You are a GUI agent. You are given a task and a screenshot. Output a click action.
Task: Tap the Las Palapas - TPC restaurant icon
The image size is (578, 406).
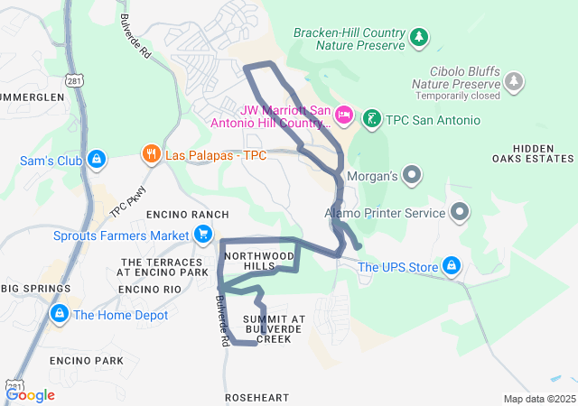pos(151,155)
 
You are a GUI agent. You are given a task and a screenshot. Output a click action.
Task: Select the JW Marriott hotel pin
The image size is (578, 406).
pos(344,115)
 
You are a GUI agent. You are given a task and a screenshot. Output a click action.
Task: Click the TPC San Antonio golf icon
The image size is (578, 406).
pos(371,119)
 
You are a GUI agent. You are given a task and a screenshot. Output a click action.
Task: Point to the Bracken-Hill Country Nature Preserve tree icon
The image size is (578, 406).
pos(418,37)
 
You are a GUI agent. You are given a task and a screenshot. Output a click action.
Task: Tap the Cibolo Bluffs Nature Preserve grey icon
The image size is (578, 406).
pos(514,82)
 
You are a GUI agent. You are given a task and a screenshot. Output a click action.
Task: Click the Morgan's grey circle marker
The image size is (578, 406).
pos(412,173)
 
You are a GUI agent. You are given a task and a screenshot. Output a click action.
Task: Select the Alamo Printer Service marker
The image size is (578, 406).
pos(460,213)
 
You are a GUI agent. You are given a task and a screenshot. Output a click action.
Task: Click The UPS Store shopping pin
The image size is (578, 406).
pos(452,266)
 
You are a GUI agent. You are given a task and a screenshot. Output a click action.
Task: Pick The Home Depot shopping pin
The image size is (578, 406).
pos(59,314)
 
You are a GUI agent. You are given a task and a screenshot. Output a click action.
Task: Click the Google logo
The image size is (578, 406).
pos(31,394)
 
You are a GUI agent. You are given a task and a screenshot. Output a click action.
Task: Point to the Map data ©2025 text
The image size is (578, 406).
pos(538,399)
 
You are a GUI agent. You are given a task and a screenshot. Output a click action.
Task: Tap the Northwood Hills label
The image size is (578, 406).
pos(260,262)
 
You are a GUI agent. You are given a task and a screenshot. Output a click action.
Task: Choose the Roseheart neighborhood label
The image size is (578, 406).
pos(257,397)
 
